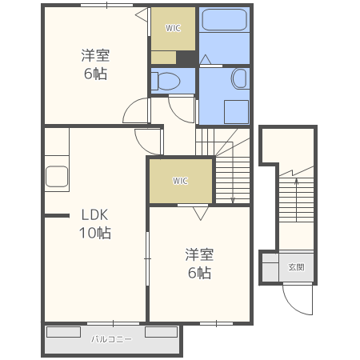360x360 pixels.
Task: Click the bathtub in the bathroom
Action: [224, 20]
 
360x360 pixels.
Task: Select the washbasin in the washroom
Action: [239, 78]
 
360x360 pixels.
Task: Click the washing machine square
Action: [236, 112]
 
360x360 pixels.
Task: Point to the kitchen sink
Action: [57, 176]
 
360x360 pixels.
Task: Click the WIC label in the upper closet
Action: [173, 28]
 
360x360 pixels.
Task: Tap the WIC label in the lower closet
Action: [180, 181]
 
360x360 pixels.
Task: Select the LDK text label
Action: [94, 215]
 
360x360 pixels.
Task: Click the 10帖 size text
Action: [95, 233]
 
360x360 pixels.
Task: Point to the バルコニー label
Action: [111, 339]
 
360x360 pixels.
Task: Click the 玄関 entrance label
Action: [296, 267]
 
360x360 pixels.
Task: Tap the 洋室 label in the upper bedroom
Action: [95, 55]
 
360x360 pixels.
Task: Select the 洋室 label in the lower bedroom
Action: [199, 254]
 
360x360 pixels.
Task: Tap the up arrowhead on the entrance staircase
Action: [296, 182]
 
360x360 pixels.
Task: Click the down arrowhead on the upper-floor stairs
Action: [233, 201]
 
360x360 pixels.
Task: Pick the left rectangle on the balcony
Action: [64, 332]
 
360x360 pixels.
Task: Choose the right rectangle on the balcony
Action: [162, 332]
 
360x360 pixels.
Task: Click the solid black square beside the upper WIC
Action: [186, 58]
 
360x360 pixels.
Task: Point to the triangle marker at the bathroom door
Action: [206, 59]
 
